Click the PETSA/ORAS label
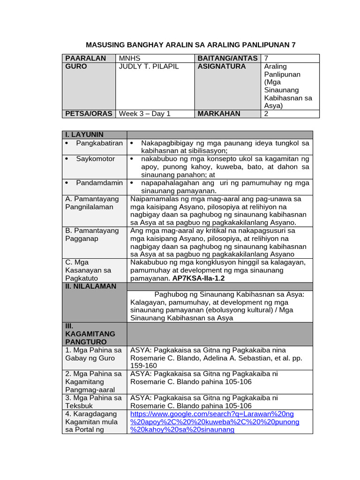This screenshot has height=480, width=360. tap(89, 113)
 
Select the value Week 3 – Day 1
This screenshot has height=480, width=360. tap(145, 113)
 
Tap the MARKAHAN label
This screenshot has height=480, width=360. tap(219, 113)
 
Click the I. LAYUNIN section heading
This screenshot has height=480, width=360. tap(84, 135)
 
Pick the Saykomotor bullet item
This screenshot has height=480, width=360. tap(96, 159)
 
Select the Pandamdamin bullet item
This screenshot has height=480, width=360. tap(99, 182)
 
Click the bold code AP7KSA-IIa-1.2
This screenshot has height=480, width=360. tap(199, 278)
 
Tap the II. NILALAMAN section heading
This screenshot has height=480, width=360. tap(90, 286)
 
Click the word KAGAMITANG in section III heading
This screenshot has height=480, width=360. tap(90, 333)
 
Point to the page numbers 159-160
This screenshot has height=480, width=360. tap(144, 366)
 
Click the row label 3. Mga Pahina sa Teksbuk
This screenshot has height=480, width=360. tap(93, 402)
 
